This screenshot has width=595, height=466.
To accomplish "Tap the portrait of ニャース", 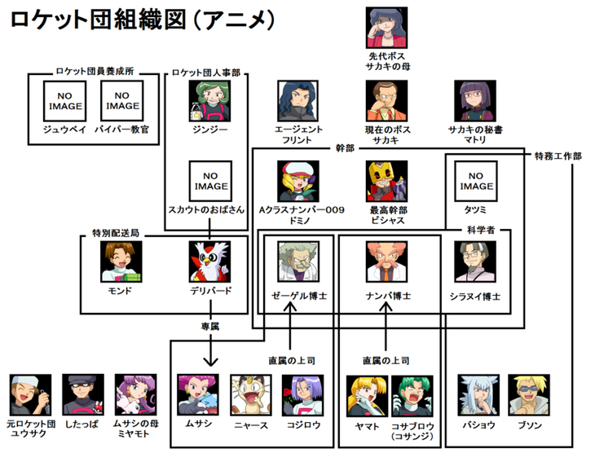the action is point(249,396).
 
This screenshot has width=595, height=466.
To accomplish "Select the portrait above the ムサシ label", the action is point(198,396).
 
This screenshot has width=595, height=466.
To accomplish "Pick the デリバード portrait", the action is point(210,262).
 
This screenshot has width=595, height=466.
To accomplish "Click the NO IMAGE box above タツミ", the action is point(474,181).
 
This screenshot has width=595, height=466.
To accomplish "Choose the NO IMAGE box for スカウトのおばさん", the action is point(209,181).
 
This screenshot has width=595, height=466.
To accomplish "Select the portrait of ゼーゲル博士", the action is point(297,262).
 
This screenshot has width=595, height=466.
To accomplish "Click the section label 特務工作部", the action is point(558,156).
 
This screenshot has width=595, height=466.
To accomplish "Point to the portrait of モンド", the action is point(121,262).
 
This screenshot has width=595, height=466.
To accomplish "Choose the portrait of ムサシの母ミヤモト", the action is point(134,394).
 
